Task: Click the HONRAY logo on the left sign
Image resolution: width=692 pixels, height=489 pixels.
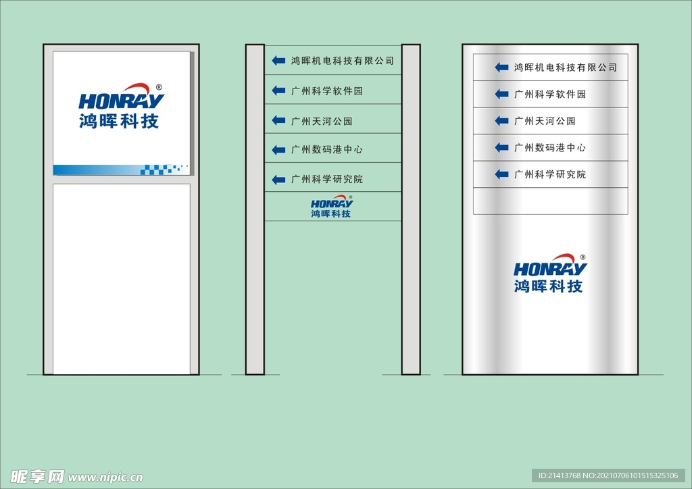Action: tap(121, 106)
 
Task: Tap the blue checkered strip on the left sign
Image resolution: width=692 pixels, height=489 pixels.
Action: tap(122, 170)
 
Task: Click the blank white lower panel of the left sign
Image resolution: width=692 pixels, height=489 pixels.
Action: tap(122, 279)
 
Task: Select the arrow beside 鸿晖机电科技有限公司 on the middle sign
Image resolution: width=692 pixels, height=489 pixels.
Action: tap(278, 60)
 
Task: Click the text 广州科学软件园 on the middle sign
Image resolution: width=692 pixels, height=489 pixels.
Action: tap(327, 91)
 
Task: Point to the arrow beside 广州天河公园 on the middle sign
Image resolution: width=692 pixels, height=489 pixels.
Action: tap(278, 120)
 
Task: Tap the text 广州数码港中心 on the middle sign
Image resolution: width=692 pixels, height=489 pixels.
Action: tap(327, 149)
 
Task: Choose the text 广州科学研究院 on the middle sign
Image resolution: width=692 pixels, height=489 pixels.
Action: tap(327, 179)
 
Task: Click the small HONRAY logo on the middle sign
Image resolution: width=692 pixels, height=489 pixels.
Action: tap(331, 207)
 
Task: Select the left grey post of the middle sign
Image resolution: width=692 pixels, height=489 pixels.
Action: tap(255, 209)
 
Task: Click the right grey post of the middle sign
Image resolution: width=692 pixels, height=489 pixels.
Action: tap(411, 209)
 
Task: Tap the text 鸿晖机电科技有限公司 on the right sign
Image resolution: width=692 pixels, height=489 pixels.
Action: tap(566, 68)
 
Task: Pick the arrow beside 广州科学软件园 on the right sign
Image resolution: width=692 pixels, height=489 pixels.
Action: tap(502, 94)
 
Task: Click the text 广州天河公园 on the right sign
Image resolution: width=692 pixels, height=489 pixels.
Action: tap(545, 121)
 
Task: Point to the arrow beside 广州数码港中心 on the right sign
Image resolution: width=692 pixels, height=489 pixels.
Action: tap(502, 147)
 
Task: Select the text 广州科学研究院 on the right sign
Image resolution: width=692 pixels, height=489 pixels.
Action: tap(550, 174)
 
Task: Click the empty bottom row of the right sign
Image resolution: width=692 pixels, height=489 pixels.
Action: tap(550, 201)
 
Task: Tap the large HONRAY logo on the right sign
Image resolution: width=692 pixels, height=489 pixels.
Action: tap(550, 274)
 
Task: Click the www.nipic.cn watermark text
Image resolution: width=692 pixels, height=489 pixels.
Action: tap(105, 477)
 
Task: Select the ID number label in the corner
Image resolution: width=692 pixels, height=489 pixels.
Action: tap(608, 475)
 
